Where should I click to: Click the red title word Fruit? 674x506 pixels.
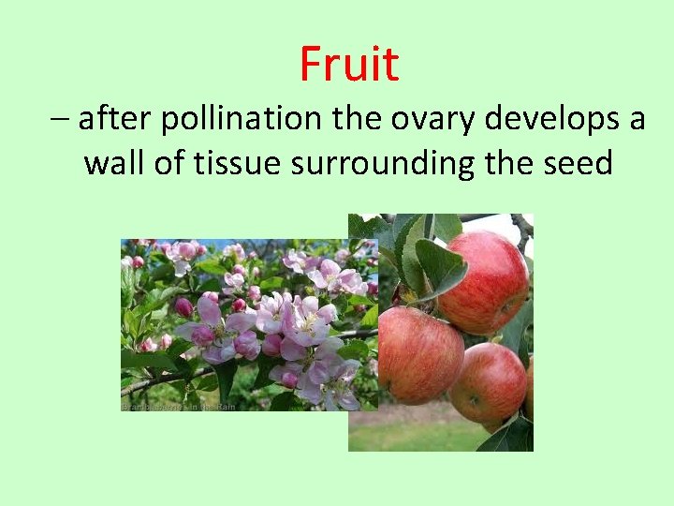pyautogui.click(x=349, y=64)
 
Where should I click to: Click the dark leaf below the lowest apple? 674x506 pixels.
pyautogui.click(x=510, y=436)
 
